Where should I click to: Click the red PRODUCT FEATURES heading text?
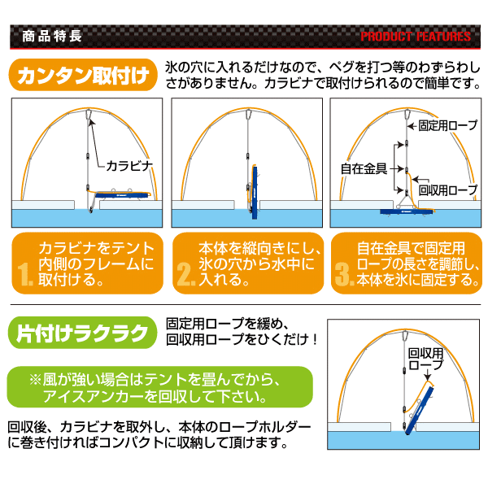[x=416, y=37]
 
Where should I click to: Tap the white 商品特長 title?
[x=52, y=36]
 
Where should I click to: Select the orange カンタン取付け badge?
[x=84, y=75]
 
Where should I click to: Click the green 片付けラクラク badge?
[x=82, y=333]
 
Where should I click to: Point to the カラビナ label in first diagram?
[x=129, y=166]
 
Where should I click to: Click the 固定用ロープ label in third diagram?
[x=448, y=125]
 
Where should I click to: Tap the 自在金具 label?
[x=364, y=168]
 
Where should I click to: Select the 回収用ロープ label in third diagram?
[x=448, y=190]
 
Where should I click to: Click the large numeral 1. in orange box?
[x=25, y=274]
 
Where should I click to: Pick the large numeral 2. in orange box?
[x=185, y=274]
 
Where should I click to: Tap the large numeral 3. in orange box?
[x=345, y=274]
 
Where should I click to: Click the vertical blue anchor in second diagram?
[x=255, y=189]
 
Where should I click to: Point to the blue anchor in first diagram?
[x=122, y=195]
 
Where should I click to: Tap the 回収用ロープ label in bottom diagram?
[x=425, y=359]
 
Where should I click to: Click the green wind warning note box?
[x=159, y=387]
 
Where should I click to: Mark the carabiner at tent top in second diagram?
[x=248, y=114]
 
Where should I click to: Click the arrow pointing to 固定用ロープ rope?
[x=412, y=126]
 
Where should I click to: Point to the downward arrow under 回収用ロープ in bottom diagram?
[x=428, y=375]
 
